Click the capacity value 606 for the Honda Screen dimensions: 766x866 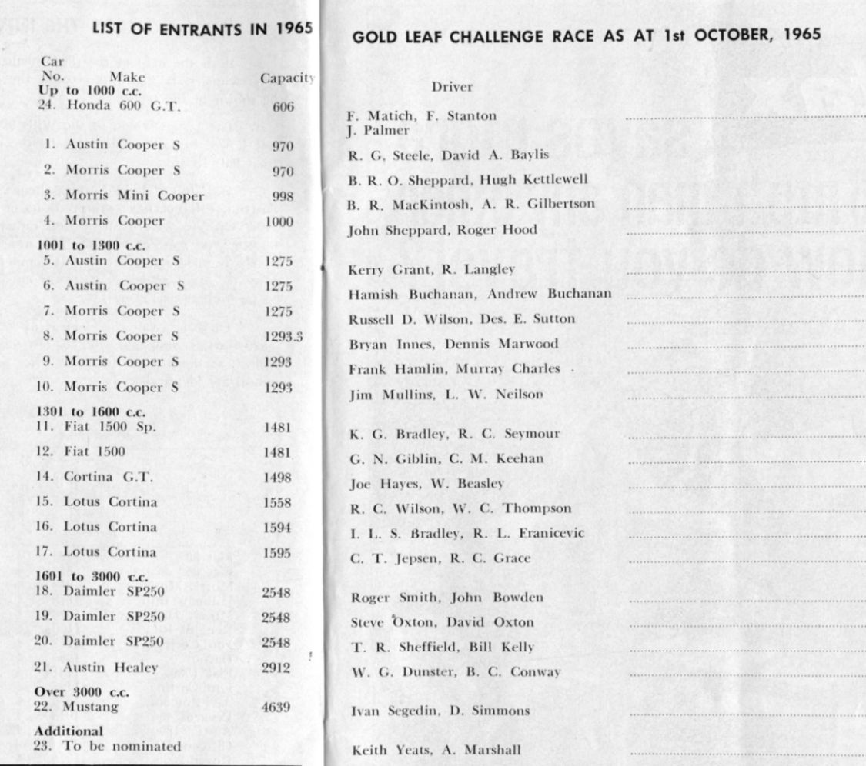[283, 107]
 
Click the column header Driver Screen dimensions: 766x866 [452, 87]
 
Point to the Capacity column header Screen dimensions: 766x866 [287, 78]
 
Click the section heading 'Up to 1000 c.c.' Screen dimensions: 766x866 [82, 91]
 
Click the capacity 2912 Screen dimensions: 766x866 [276, 668]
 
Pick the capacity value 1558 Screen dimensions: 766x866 [276, 501]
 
